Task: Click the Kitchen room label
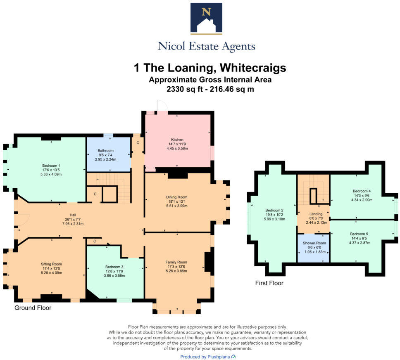point(177,140)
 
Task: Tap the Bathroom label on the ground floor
point(105,151)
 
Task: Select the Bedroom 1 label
point(51,166)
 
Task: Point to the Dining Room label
point(176,197)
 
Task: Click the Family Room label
point(176,262)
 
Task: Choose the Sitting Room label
point(51,264)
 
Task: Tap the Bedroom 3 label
point(114,267)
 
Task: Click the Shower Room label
point(314,243)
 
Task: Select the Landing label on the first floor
point(316,214)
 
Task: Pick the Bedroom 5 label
point(359,234)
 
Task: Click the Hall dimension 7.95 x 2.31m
point(73,224)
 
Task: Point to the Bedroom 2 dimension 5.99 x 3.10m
point(274,219)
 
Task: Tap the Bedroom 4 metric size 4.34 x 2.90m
point(362,200)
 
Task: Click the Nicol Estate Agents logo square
point(206,18)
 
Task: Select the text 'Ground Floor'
point(33,308)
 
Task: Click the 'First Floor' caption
point(269,283)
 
